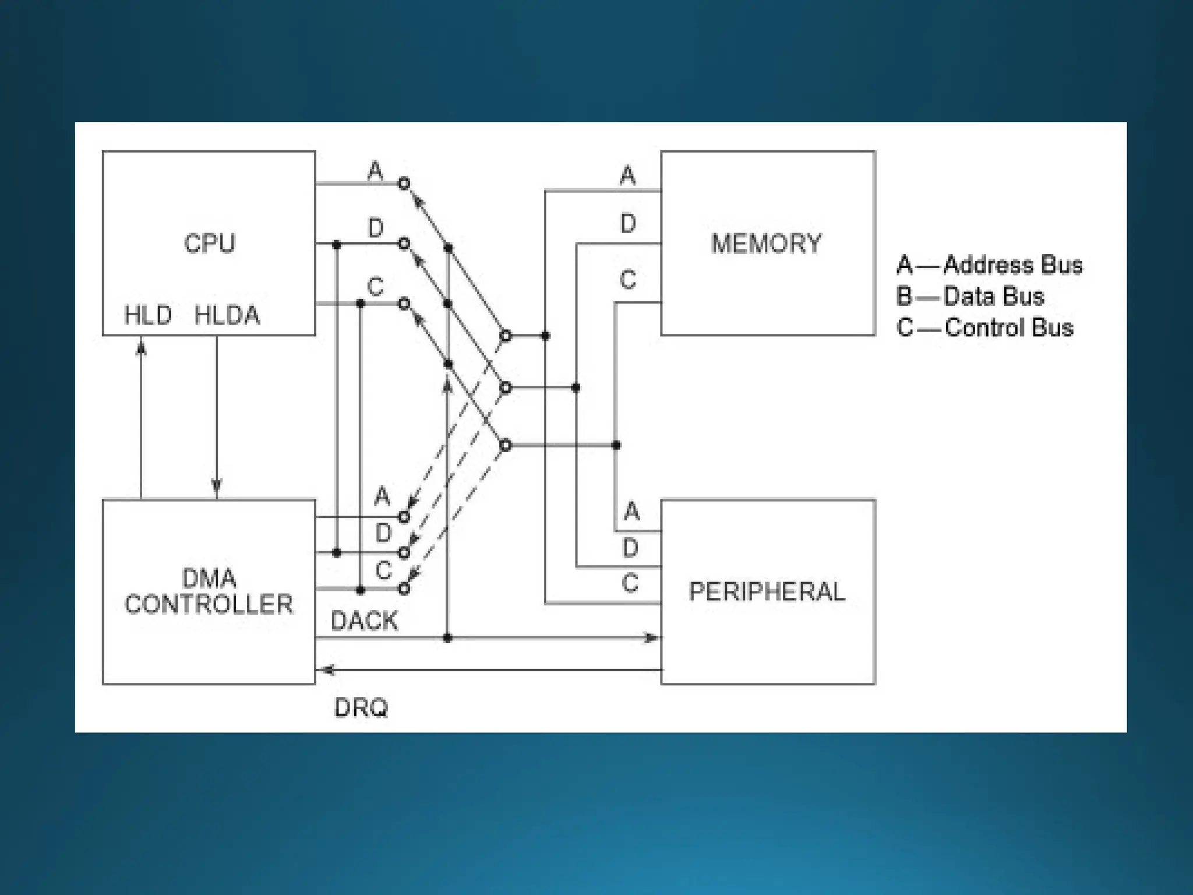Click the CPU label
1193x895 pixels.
pos(209,243)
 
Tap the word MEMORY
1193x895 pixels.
pos(766,244)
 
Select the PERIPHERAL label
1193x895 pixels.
pos(767,591)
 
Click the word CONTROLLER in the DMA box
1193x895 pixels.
pos(209,604)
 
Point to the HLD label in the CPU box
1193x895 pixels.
pos(148,315)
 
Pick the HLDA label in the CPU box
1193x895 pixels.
pos(227,315)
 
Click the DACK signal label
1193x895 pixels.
pos(364,621)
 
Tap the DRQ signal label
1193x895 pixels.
pos(361,707)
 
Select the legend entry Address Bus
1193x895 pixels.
pos(1012,265)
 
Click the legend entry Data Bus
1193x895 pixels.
pos(993,297)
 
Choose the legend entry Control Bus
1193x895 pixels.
pos(1008,327)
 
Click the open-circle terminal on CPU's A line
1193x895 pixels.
pos(404,184)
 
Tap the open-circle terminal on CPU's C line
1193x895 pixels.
pos(404,304)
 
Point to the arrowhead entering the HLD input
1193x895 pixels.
pos(141,348)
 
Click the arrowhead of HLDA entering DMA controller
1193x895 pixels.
pos(217,487)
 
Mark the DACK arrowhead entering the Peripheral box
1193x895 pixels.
pos(652,638)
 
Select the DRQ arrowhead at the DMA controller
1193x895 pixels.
pos(326,670)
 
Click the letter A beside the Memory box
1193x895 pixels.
pos(627,175)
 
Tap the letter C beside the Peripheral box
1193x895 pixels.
pos(630,583)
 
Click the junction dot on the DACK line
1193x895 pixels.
pos(447,638)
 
